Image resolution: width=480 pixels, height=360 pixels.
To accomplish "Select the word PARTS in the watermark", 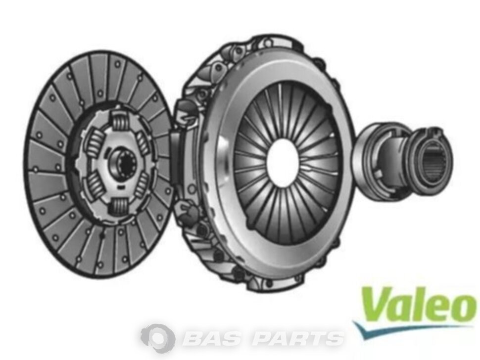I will [297, 338].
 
